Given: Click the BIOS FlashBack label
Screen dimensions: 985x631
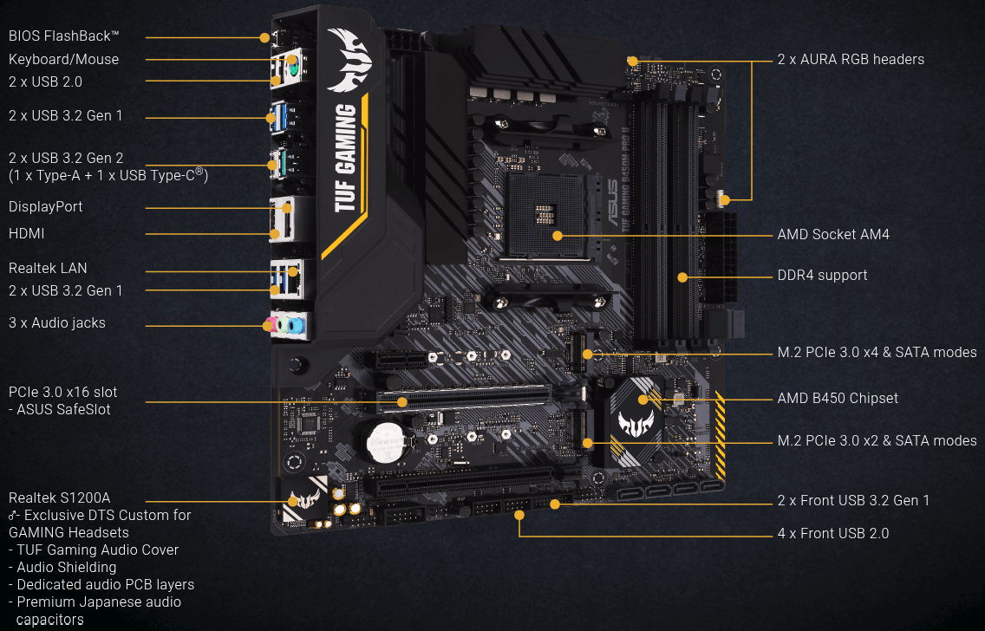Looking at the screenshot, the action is (x=63, y=36).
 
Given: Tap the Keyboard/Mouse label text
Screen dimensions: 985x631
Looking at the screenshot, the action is (x=63, y=59).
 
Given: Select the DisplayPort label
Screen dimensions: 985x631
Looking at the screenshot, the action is (x=45, y=206).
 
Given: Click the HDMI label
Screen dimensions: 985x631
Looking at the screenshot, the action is (x=26, y=233).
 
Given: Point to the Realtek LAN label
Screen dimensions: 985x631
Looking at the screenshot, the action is (x=48, y=268).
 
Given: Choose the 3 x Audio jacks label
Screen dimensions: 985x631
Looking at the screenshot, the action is (x=57, y=322).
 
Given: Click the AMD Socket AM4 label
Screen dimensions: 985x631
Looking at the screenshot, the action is (x=833, y=234).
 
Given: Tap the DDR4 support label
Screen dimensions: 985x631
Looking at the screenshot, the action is (x=822, y=275).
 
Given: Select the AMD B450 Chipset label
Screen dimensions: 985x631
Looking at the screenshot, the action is (x=838, y=398).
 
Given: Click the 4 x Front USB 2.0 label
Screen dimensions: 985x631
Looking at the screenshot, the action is (x=833, y=533).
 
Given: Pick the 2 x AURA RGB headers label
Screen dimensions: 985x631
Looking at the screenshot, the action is (x=851, y=59).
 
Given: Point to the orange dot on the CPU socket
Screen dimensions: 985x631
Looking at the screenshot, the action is (x=558, y=236).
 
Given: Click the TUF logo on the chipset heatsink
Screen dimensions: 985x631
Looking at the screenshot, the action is (x=636, y=423).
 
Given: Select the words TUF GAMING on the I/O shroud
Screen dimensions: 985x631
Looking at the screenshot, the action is (x=345, y=158).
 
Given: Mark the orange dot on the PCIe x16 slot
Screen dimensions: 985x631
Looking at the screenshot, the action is (x=402, y=402).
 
